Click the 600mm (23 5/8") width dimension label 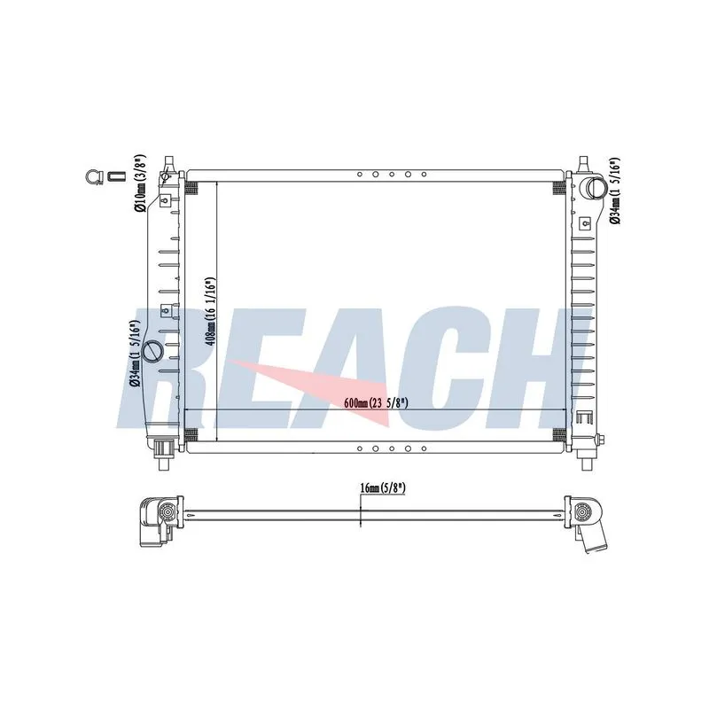[376, 402]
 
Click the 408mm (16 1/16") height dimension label [210, 311]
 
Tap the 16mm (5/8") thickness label [383, 487]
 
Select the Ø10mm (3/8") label [140, 183]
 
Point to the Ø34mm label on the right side [614, 191]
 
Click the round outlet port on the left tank [152, 351]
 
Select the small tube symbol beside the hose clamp [115, 175]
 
